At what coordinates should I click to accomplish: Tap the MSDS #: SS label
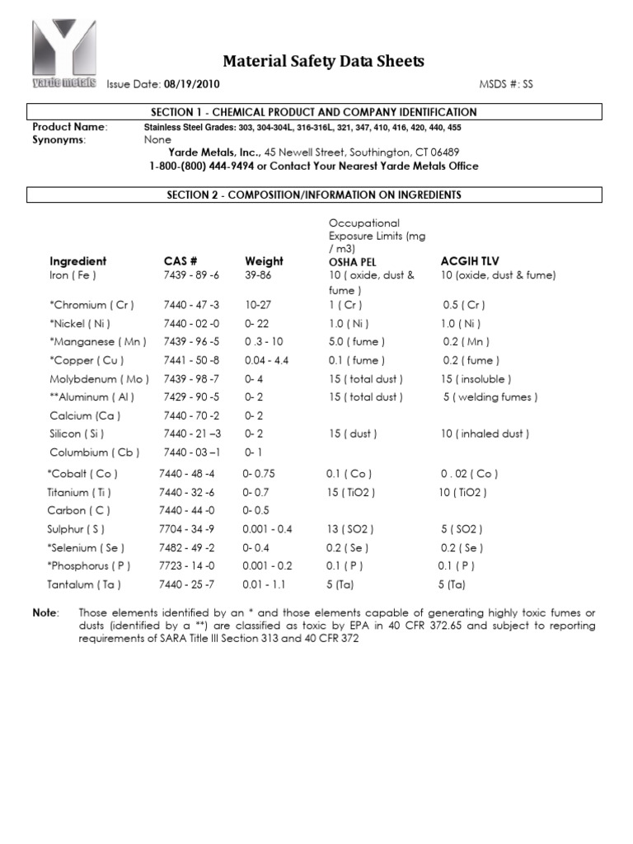(x=506, y=85)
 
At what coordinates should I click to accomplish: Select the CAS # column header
(x=181, y=261)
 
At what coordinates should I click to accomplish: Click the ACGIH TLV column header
(x=470, y=261)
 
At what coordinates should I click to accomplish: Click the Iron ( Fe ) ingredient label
(x=73, y=275)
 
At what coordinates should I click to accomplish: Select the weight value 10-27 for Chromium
(x=258, y=305)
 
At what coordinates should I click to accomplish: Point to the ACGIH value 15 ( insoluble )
(x=476, y=379)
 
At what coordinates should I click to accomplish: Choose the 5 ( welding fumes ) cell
(x=490, y=397)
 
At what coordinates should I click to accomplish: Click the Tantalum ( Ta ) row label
(x=84, y=584)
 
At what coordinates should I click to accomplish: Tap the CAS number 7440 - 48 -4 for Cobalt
(x=186, y=474)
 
